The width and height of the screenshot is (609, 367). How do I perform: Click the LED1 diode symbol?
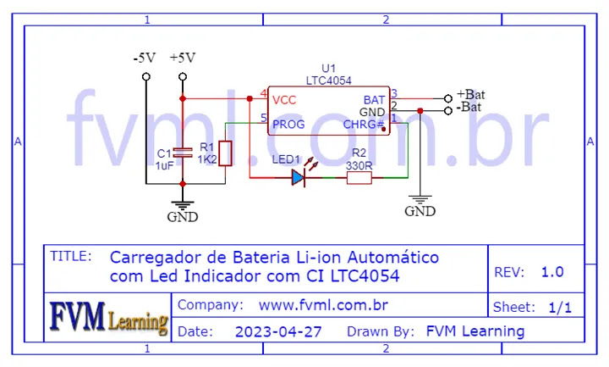coord(299,177)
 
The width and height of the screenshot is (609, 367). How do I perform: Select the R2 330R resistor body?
coord(359,177)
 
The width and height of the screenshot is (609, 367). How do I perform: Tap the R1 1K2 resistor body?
coord(224,153)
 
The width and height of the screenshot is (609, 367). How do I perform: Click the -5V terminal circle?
coord(145,76)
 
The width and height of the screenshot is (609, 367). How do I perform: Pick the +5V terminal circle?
coord(183,76)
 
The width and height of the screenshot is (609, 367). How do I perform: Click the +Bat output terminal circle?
coord(448,98)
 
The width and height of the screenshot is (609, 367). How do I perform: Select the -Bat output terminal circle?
coord(448,111)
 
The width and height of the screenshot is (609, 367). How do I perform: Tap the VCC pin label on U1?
coord(286,99)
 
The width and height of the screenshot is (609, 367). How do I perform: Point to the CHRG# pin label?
coord(364,125)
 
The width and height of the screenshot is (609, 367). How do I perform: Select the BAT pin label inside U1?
coord(374,99)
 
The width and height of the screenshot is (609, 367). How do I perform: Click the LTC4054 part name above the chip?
coord(329,81)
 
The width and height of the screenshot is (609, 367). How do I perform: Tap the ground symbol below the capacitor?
coord(181,205)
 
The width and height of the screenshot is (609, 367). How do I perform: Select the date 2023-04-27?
coord(278,331)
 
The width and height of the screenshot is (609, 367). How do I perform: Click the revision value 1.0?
coord(552,272)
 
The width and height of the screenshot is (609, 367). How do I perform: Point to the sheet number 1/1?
coord(560,308)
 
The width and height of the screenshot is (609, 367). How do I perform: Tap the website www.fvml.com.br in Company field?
coord(323,304)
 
